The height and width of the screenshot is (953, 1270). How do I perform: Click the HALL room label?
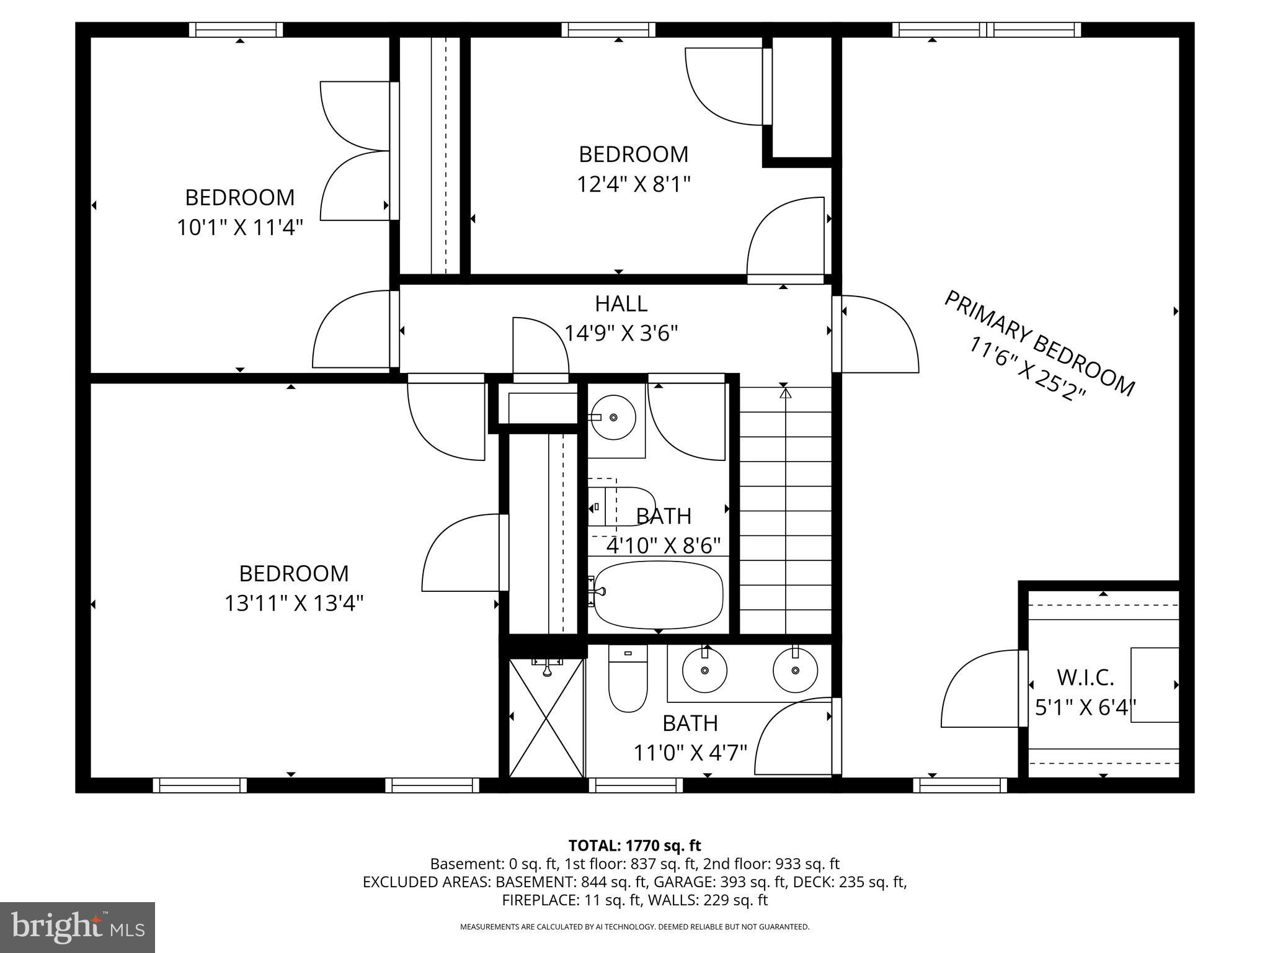click(621, 304)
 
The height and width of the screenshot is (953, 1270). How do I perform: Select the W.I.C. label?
click(1085, 678)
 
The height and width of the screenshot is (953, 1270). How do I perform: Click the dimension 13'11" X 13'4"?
click(293, 603)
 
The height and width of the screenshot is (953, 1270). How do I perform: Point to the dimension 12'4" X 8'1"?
click(633, 184)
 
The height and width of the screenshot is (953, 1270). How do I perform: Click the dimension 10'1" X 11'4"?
click(239, 228)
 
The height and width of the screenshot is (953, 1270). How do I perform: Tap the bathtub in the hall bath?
click(659, 595)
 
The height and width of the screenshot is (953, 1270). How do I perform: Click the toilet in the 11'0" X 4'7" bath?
click(628, 679)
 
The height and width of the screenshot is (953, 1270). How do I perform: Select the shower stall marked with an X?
click(546, 717)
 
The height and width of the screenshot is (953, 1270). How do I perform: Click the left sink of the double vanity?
click(704, 670)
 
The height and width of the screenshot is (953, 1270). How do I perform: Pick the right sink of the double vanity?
click(795, 670)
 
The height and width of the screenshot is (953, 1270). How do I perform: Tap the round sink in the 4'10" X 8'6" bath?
click(612, 417)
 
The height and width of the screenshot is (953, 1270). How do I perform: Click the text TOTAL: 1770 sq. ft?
click(634, 845)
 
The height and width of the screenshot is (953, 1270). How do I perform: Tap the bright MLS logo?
click(78, 927)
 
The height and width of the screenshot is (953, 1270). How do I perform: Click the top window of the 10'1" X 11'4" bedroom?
click(236, 30)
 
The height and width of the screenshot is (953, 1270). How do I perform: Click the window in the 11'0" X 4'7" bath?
click(635, 785)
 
